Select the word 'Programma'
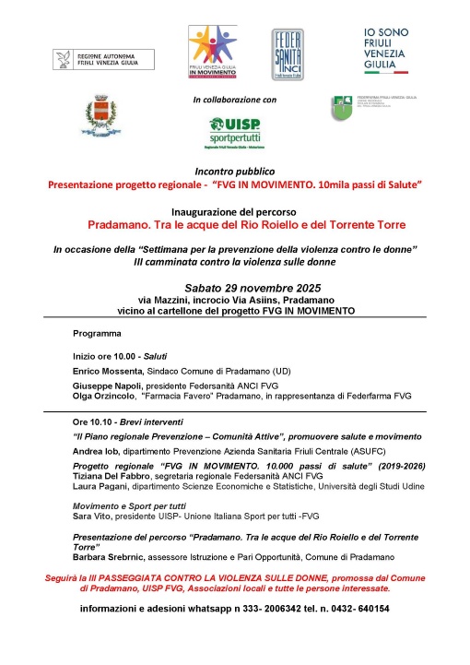pos(97,333)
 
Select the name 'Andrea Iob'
pos(98,453)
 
